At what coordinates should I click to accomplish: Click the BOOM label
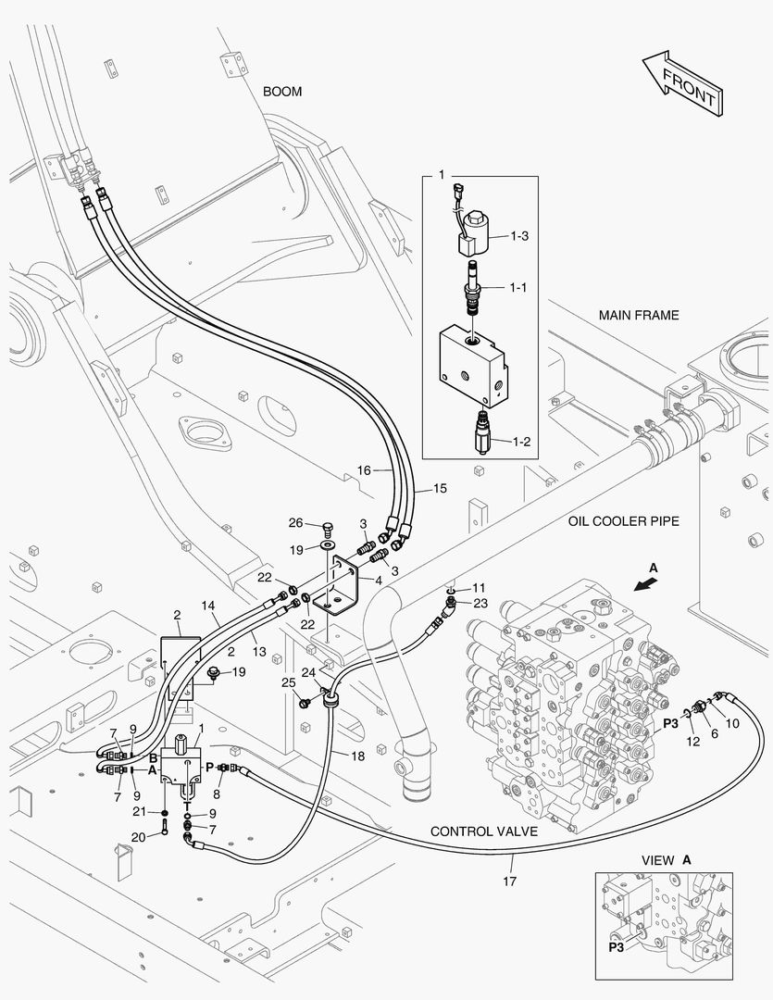click(x=282, y=92)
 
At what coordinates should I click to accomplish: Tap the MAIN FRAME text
click(x=639, y=315)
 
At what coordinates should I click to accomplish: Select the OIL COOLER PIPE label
click(x=624, y=521)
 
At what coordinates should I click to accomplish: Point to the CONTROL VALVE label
click(x=483, y=831)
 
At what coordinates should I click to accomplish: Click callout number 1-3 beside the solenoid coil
click(x=519, y=236)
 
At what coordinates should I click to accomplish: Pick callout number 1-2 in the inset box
click(x=521, y=442)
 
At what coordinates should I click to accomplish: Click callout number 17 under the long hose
click(x=509, y=881)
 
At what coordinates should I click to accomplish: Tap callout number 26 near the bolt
click(x=295, y=523)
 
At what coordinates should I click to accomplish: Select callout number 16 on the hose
click(x=364, y=470)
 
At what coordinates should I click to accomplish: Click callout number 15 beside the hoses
click(x=440, y=489)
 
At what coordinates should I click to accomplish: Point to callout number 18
click(x=357, y=756)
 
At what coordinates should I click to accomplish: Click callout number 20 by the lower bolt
click(x=139, y=837)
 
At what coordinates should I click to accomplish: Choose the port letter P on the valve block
click(x=208, y=768)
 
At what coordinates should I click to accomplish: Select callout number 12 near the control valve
click(x=692, y=741)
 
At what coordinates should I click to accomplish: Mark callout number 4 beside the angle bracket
click(x=379, y=581)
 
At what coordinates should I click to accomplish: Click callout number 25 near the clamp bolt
click(x=289, y=683)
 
